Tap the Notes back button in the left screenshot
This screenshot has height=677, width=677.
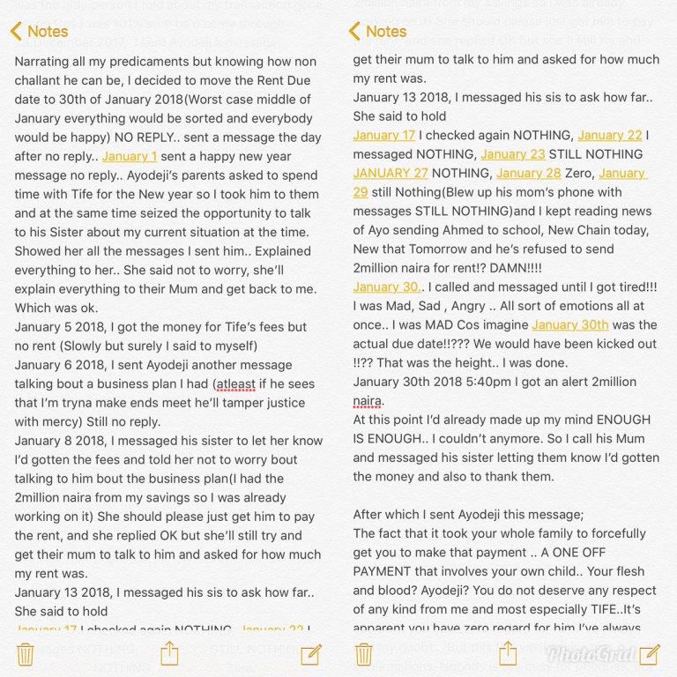[39, 32]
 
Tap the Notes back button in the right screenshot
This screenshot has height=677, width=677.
[377, 32]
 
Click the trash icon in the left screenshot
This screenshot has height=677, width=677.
[26, 653]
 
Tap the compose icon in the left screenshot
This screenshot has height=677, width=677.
[311, 653]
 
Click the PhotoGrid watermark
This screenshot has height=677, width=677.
[577, 653]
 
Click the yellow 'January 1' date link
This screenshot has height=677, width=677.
[130, 156]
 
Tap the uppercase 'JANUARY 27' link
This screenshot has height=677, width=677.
[391, 173]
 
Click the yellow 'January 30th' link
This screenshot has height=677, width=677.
[569, 324]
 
